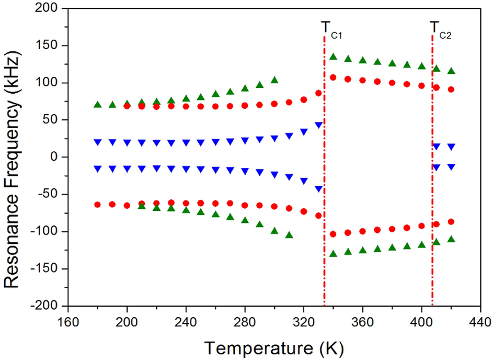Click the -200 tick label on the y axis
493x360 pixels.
[48, 306]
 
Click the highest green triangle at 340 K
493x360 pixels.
[333, 57]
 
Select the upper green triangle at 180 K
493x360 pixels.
[97, 105]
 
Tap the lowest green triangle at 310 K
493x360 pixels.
[289, 235]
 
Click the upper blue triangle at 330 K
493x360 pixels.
[318, 125]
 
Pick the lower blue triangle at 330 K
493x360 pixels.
[318, 189]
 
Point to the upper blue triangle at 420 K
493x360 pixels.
[451, 147]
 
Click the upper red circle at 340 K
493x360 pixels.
[333, 77]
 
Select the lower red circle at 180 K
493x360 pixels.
[97, 205]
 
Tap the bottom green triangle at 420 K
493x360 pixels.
[451, 239]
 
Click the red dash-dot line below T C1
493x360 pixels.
[325, 183]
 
